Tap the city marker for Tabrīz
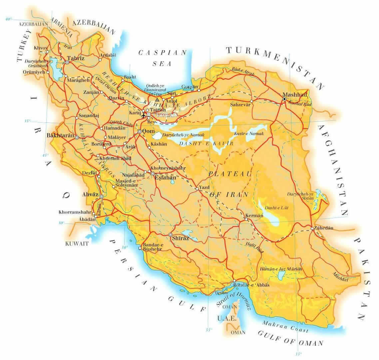pos(68,62)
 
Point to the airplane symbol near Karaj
pos(144,115)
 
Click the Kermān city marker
pos(246,219)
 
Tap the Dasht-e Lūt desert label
pos(276,208)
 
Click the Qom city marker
pos(140,132)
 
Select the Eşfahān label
pos(166,178)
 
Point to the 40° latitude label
pos(9,19)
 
